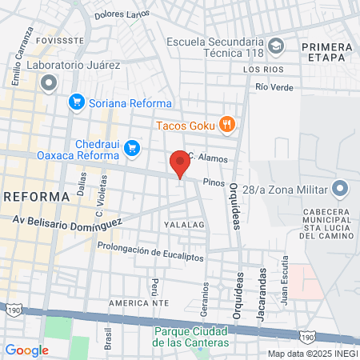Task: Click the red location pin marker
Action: (180, 163)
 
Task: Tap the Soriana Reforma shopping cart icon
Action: (77, 102)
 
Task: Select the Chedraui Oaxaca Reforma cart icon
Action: (132, 146)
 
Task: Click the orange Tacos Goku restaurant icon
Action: (228, 124)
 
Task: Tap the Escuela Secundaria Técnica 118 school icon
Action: (276, 45)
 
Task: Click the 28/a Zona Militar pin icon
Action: (341, 189)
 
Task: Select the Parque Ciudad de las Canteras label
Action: (191, 337)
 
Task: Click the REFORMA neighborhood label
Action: (37, 196)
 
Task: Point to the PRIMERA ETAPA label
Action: (326, 52)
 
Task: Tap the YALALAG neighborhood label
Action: (186, 226)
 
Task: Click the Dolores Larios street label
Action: (122, 14)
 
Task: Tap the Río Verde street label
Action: (275, 87)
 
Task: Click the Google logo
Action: (26, 350)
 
